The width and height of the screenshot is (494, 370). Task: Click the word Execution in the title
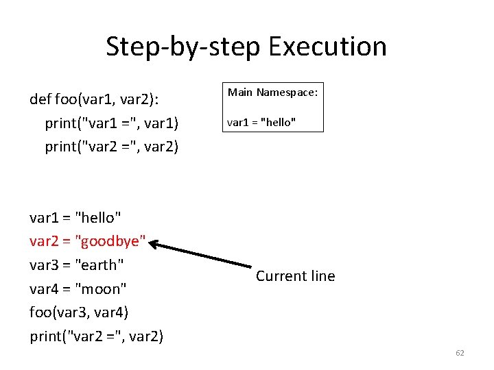328,47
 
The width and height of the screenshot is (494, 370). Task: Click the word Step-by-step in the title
183,47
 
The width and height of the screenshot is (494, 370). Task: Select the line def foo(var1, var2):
95,99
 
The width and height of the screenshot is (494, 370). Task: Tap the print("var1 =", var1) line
112,123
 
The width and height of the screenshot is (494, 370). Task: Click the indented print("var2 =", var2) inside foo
112,147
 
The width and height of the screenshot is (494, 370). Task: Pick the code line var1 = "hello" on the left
75,217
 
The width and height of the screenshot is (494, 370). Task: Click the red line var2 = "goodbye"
88,241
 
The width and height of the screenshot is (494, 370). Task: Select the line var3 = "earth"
77,264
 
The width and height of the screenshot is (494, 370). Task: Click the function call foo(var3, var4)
79,312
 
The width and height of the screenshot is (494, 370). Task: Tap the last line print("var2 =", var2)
97,336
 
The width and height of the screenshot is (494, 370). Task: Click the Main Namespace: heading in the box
272,92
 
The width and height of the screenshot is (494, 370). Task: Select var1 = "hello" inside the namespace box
261,123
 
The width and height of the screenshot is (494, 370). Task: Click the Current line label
295,276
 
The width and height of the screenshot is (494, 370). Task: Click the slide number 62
460,353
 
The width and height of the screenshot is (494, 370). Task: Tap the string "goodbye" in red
110,241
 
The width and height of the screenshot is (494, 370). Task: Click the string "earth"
99,264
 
